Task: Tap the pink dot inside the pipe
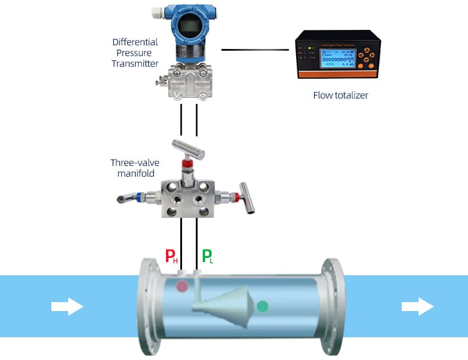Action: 182,287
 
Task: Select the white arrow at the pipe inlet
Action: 67,306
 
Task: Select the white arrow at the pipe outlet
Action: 417,306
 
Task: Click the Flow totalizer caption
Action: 341,95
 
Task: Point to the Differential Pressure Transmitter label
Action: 135,53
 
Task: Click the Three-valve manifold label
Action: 133,168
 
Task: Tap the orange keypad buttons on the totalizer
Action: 367,57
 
